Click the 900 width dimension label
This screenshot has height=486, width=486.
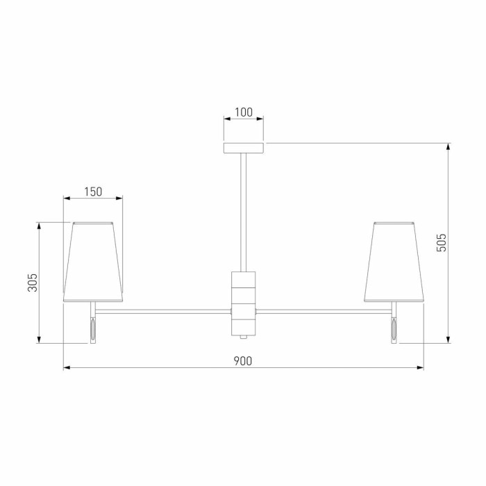point(242,360)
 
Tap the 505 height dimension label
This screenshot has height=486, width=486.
point(442,242)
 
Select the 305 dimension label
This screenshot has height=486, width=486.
point(32,283)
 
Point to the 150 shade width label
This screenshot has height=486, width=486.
point(93,192)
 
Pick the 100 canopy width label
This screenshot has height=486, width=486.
point(243,112)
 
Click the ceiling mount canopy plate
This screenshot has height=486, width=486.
point(244,148)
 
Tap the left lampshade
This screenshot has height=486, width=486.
point(93,262)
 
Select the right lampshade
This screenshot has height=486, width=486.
point(394,262)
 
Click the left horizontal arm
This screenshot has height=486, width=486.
point(163,310)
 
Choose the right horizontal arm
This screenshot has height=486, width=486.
point(324,310)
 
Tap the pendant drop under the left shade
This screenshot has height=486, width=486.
point(92,330)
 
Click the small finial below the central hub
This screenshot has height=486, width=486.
point(244,337)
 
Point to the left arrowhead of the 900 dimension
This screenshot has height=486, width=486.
point(67,367)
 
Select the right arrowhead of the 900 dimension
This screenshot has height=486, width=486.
point(421,367)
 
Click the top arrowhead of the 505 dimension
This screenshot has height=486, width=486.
point(449,146)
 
